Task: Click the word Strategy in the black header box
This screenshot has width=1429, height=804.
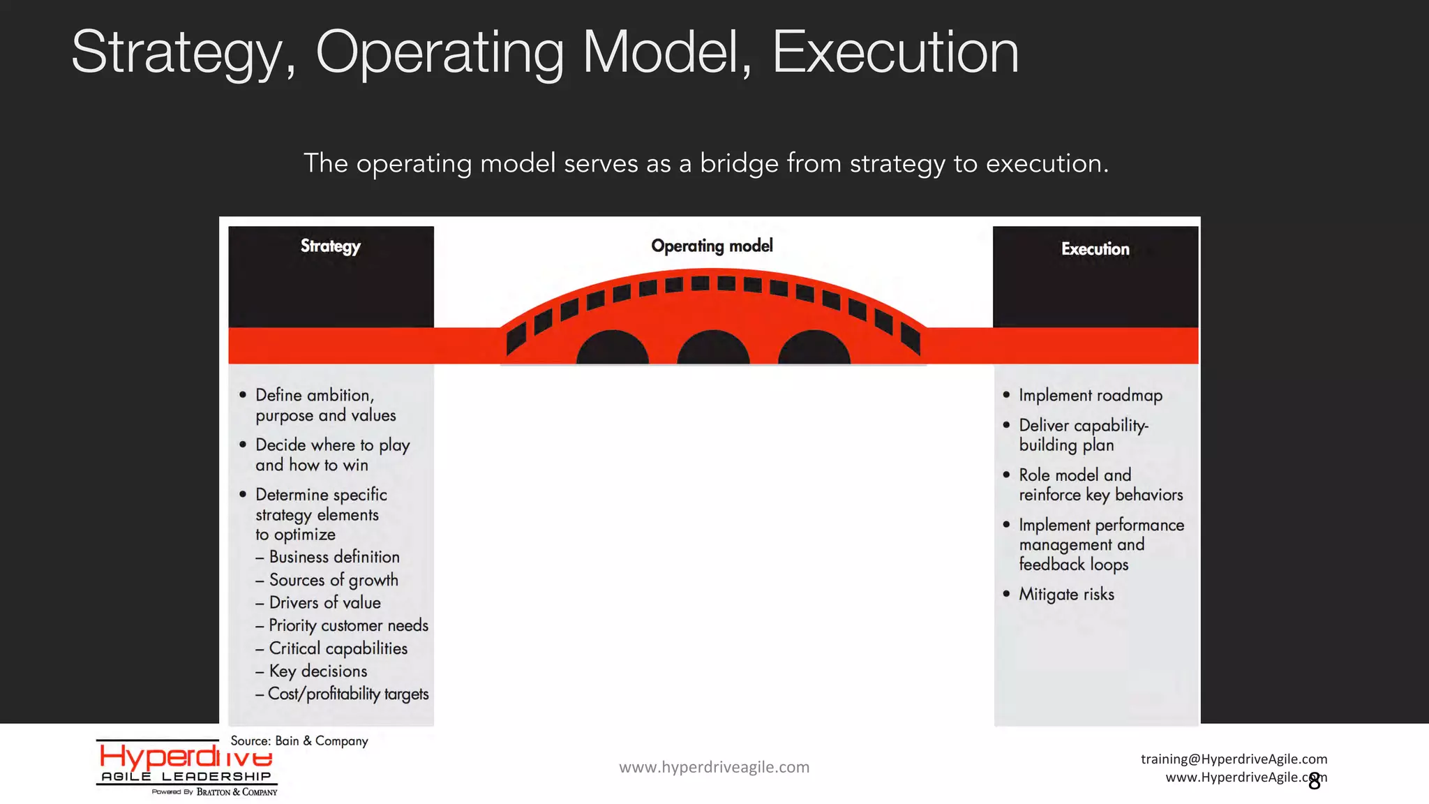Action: coord(331,246)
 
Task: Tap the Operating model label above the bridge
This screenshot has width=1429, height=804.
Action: coord(712,246)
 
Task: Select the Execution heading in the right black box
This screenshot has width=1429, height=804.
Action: coord(1095,249)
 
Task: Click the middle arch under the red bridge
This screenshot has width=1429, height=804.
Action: coord(713,349)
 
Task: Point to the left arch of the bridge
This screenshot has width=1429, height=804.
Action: coord(612,349)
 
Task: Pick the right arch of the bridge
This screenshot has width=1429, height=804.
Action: coord(814,349)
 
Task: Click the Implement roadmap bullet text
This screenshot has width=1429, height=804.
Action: coord(1091,396)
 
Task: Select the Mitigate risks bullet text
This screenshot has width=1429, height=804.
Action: coord(1066,595)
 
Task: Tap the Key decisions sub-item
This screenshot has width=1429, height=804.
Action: coord(317,671)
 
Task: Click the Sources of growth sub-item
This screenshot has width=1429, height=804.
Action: coord(333,580)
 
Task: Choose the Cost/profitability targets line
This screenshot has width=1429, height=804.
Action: coord(347,694)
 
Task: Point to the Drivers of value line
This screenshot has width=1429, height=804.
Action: coord(324,603)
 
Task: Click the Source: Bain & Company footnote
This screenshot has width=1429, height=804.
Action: coord(299,741)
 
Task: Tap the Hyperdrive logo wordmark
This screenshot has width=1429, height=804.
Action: coord(186,757)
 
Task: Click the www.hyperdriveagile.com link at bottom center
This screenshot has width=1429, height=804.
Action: coord(714,767)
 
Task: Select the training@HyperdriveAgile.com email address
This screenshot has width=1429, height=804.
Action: coord(1234,759)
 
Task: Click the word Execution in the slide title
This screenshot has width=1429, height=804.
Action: coord(895,52)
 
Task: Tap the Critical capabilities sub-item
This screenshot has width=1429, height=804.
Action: coord(338,649)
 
